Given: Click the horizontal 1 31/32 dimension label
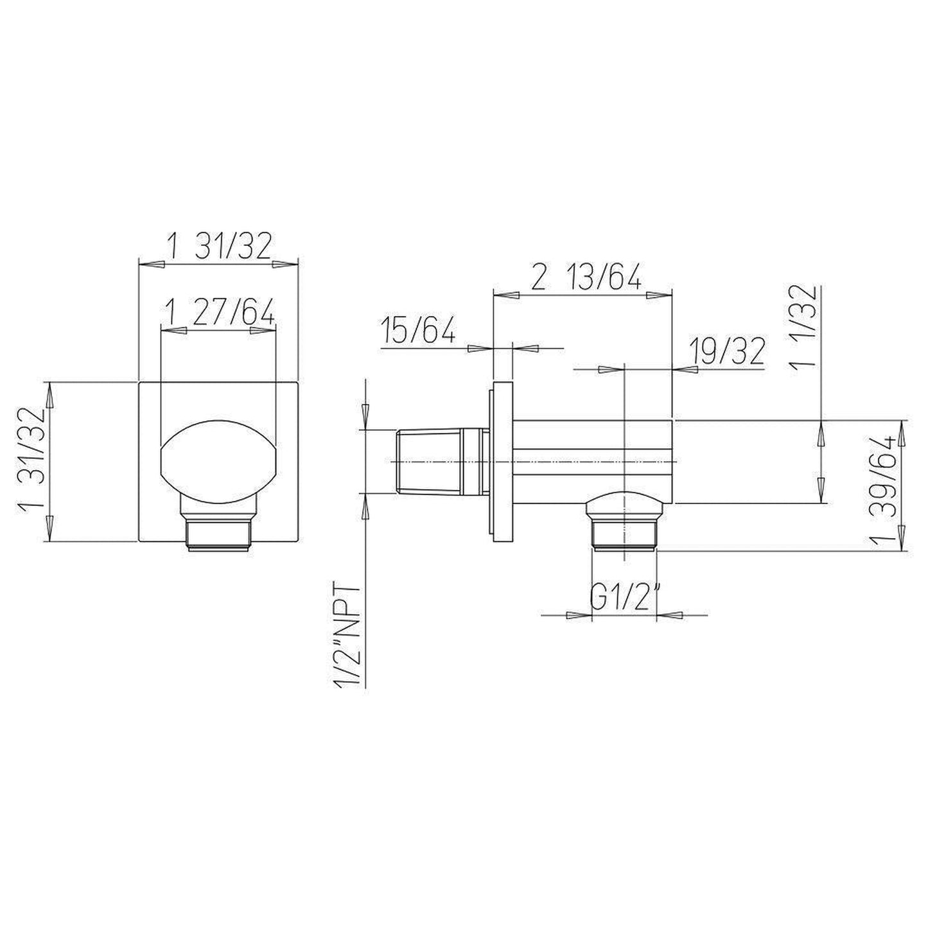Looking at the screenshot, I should pyautogui.click(x=219, y=245).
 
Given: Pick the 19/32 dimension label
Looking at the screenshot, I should pyautogui.click(x=726, y=352).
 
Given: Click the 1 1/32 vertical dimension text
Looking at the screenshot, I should pyautogui.click(x=803, y=326).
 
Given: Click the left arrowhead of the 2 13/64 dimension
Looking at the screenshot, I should pyautogui.click(x=504, y=295).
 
